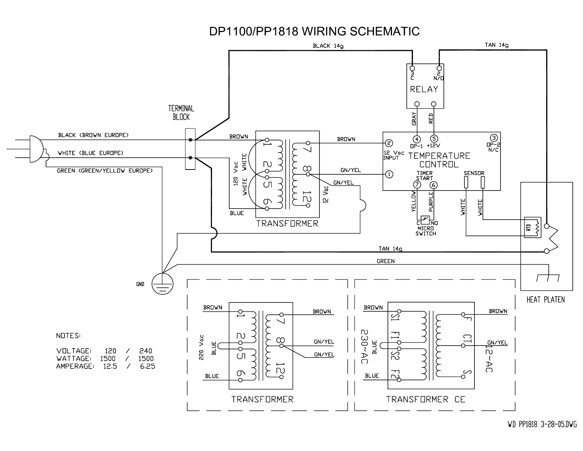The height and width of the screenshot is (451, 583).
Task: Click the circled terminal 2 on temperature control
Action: coord(389,143)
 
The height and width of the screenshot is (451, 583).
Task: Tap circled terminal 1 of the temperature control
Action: coord(389,174)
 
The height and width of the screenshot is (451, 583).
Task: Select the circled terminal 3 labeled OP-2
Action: coord(494,138)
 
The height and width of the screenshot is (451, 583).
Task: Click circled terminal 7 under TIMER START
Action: coord(417,185)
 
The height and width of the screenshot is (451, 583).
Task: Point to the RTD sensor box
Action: coord(533,227)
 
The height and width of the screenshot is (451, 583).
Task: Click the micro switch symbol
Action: coord(425,220)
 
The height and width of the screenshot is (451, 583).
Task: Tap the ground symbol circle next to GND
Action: coord(163,284)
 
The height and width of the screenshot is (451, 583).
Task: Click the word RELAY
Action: coord(424,89)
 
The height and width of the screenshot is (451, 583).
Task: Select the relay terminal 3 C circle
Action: coord(412,68)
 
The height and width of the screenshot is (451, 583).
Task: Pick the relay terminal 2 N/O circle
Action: coord(439,68)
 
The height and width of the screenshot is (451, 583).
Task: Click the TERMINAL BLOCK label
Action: coord(181,113)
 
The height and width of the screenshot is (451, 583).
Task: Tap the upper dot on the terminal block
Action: coord(190,140)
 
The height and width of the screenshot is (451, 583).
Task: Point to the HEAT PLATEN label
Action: coord(545,300)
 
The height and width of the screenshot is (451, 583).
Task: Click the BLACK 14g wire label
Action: coord(328,46)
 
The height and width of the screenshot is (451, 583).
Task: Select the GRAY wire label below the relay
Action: coord(414,119)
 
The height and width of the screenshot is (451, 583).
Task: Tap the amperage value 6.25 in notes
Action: coord(147,366)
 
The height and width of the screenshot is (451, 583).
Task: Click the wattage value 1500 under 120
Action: coord(107,359)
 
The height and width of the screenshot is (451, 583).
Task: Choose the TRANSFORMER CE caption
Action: coord(425,399)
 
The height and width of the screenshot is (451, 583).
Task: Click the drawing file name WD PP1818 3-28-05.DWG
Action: coord(542,424)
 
